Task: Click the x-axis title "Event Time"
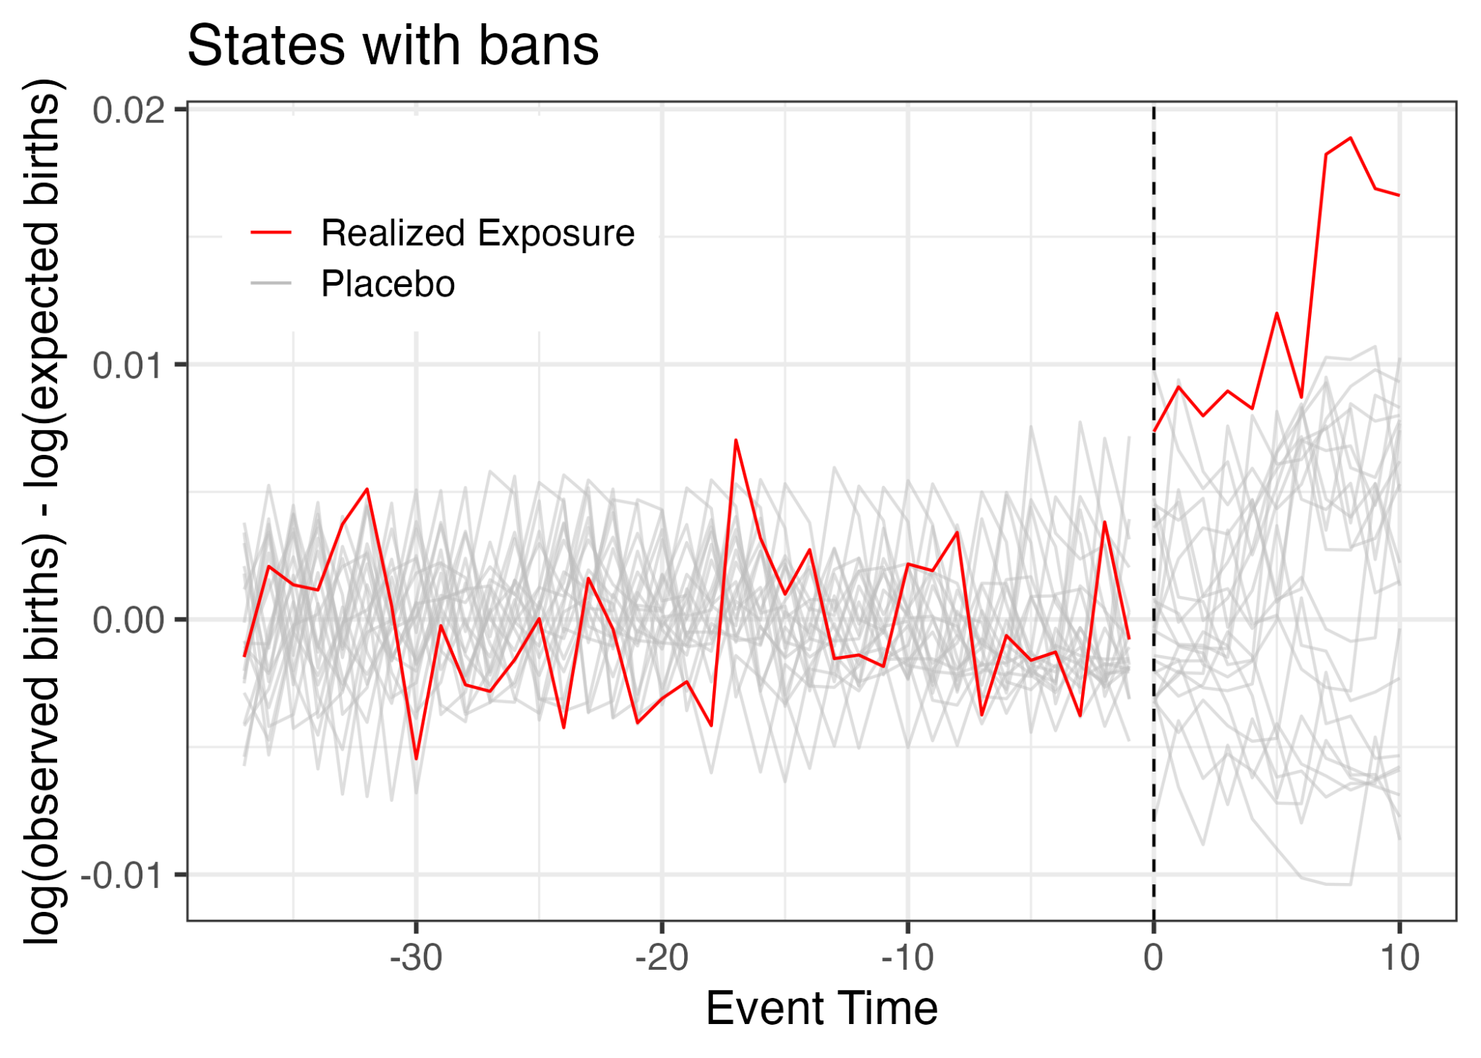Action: coord(821,1008)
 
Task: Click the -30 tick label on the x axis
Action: coord(416,958)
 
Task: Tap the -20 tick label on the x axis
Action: coord(662,958)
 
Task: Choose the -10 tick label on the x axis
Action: coord(908,958)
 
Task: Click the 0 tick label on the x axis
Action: coord(1153,958)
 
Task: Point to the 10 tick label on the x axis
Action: coord(1400,958)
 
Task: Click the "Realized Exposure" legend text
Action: coord(477,234)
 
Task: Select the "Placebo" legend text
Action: coord(388,284)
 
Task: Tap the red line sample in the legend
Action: coord(270,233)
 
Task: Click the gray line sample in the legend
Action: coord(270,283)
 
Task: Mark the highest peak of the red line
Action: coord(1350,137)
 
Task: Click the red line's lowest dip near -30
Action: coord(417,759)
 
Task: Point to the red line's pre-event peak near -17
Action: coord(735,440)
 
